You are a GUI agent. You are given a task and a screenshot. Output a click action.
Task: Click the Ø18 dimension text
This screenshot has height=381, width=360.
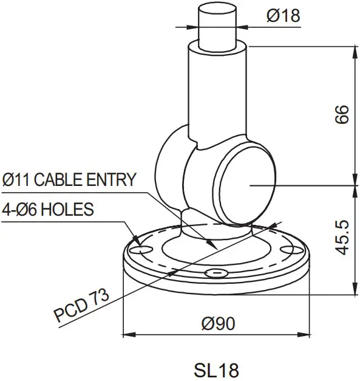[x=284, y=16]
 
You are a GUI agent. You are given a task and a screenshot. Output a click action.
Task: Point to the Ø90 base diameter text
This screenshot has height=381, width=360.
[x=217, y=324]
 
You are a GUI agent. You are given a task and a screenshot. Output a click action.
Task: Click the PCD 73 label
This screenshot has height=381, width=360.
[x=81, y=306]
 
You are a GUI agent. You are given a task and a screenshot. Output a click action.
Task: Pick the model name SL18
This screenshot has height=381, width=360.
[x=217, y=369]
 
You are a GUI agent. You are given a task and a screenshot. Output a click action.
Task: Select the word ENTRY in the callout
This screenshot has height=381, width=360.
[x=113, y=180]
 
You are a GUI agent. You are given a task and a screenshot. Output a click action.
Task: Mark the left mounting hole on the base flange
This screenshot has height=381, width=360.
[x=144, y=249]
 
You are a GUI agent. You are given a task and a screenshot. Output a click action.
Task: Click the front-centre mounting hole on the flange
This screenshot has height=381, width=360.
[x=214, y=273]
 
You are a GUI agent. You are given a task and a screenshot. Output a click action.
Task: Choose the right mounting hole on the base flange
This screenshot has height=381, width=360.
[x=285, y=247]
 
